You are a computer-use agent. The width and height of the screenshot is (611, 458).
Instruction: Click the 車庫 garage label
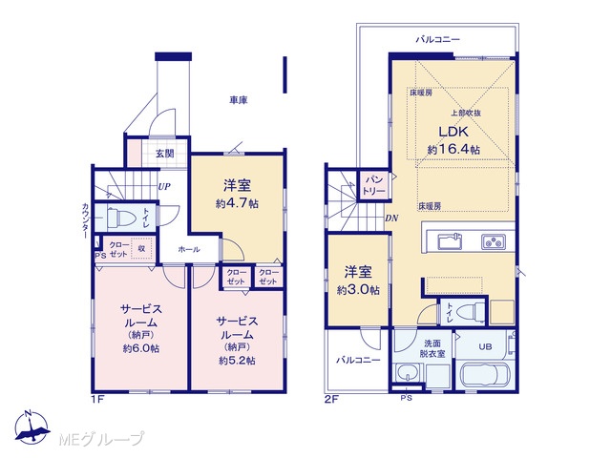pos(238,100)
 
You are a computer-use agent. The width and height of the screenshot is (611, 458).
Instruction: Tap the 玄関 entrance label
pos(165,154)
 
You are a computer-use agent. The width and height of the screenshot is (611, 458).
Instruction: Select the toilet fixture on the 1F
pos(120,219)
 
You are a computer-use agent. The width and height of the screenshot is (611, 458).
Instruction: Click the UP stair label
pos(164,187)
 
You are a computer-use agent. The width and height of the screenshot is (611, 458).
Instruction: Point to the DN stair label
pos(391,219)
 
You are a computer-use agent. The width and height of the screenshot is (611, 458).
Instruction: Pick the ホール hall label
pos(189,249)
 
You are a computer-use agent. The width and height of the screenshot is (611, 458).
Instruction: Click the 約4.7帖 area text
pos(237,203)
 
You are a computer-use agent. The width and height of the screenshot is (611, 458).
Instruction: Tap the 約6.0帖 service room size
pos(141,348)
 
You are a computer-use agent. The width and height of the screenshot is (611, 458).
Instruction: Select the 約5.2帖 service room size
pos(237,361)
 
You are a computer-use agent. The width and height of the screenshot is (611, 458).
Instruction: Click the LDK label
pos(453,132)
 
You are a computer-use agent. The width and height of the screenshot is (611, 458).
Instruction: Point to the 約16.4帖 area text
pos(453,149)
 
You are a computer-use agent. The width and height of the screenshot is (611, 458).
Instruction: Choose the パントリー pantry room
pos(373,185)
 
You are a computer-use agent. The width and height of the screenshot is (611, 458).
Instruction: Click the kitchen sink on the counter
pos(450,241)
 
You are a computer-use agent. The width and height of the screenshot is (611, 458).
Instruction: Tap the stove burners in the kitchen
pos(493,241)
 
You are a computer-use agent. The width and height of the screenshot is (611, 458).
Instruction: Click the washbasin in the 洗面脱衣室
pos(408,373)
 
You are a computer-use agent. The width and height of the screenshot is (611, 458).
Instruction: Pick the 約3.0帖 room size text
pos(358,290)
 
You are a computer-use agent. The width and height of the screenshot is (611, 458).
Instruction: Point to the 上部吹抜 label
pos(466,113)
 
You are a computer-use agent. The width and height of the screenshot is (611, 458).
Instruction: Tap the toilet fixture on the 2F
pos(470,312)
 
